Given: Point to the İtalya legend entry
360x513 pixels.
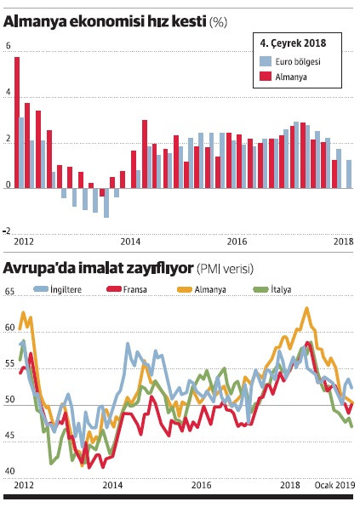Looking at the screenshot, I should point(274,290).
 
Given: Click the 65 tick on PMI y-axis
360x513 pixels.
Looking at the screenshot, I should point(9,292).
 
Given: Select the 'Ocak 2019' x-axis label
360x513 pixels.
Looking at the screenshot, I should point(335,485).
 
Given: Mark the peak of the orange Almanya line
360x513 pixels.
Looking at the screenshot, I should point(306,308).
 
